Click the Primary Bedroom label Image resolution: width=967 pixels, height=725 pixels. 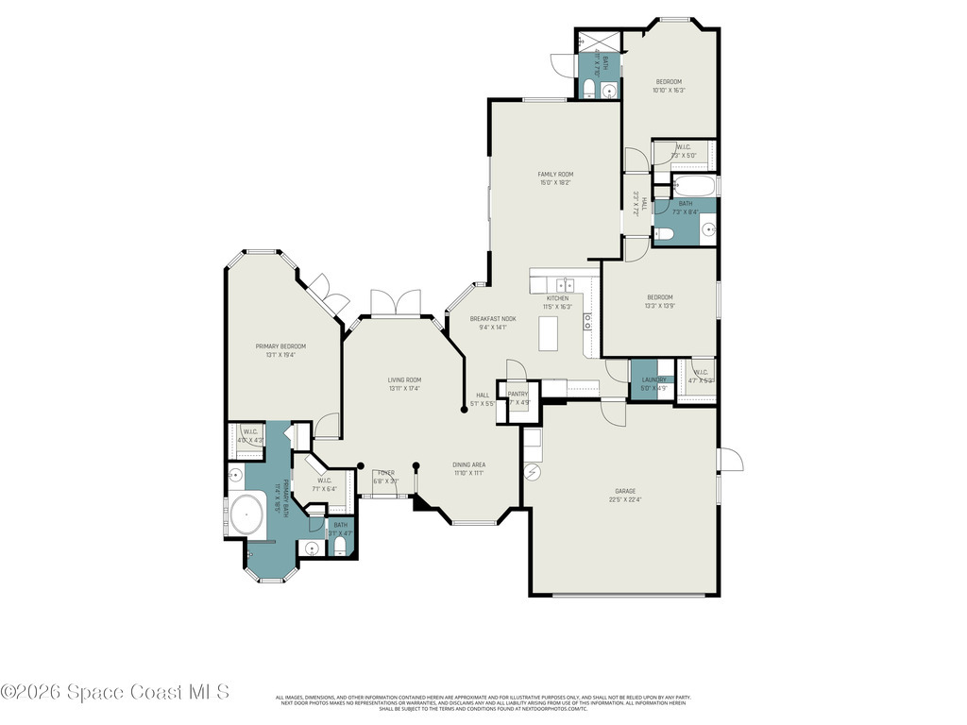click(280, 346)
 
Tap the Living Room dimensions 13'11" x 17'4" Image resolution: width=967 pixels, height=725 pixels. click(404, 388)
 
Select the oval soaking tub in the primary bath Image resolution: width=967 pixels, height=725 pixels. click(246, 515)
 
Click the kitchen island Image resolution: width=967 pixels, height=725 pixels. click(549, 333)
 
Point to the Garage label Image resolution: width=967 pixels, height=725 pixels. click(625, 491)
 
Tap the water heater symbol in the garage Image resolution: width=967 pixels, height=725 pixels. click(532, 471)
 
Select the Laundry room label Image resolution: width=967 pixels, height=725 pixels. click(653, 379)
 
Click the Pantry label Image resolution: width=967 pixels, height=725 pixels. click(517, 394)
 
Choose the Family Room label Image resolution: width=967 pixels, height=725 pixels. click(555, 174)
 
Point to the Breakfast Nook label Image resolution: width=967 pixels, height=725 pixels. click(493, 319)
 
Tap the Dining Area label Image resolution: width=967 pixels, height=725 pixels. click(468, 464)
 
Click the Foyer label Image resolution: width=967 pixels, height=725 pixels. click(385, 472)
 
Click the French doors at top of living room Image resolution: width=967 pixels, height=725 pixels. click(395, 303)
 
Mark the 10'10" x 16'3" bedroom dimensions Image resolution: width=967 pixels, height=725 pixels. click(669, 91)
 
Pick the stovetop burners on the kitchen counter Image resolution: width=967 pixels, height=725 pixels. click(587, 321)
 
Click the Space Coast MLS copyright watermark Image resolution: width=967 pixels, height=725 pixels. click(115, 692)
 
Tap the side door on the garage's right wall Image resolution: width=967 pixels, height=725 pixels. click(729, 460)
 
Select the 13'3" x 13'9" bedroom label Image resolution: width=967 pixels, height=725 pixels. click(659, 297)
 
